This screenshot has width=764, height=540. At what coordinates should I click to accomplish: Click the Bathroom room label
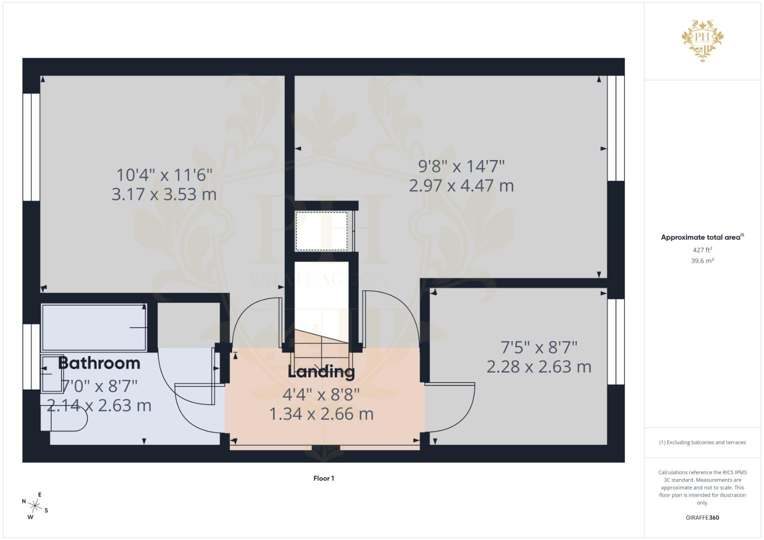(x=99, y=363)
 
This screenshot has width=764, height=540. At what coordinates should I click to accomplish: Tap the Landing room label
(x=321, y=372)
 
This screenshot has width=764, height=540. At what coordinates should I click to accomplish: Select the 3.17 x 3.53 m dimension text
(x=164, y=194)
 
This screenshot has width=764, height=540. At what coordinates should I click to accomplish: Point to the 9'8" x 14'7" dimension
(x=461, y=166)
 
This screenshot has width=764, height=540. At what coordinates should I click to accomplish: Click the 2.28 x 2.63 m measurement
(x=539, y=367)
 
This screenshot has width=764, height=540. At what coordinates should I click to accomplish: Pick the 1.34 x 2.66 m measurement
(x=321, y=414)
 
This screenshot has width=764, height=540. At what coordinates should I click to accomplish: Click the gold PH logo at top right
(x=702, y=40)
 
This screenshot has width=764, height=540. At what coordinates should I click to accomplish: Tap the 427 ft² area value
(x=702, y=250)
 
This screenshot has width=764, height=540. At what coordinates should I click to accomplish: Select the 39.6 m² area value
(x=702, y=261)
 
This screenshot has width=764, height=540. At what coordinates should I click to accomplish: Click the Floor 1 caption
(x=324, y=478)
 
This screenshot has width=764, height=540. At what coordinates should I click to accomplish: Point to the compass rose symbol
(x=35, y=506)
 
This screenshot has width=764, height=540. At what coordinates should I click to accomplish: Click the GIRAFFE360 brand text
(x=702, y=517)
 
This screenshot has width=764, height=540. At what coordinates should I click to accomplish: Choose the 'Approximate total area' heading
(x=702, y=237)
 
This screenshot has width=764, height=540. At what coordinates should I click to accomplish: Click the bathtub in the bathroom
(x=94, y=327)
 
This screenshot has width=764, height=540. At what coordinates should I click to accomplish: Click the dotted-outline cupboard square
(x=321, y=231)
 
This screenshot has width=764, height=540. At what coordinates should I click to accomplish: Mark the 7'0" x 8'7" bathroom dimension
(x=99, y=386)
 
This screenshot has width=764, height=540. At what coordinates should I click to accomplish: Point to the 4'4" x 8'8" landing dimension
(x=321, y=395)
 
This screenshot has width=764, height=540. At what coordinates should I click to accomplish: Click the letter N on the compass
(x=24, y=501)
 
